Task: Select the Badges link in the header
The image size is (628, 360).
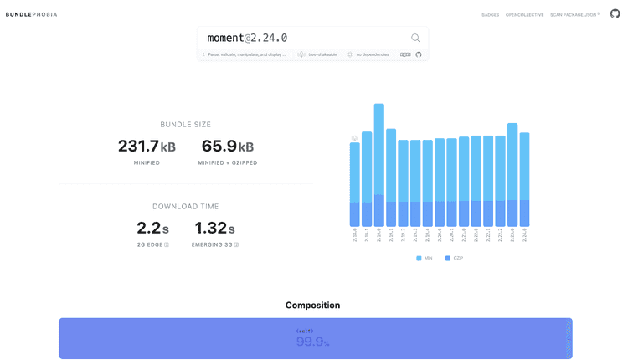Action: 490,15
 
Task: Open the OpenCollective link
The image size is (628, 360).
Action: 524,15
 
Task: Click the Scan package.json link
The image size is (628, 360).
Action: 574,15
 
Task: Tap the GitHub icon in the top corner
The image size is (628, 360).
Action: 615,14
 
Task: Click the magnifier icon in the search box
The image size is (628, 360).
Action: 415,38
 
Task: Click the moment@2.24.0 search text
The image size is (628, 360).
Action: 247,39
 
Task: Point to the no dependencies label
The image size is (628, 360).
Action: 372,54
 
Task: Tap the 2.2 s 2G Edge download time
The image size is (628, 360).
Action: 152,228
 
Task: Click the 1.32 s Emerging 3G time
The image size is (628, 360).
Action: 214,228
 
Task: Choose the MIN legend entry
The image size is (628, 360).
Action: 425,258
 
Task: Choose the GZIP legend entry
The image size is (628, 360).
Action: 454,258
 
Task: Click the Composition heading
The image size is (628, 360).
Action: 312,306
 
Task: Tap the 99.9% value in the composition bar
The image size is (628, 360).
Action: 312,342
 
